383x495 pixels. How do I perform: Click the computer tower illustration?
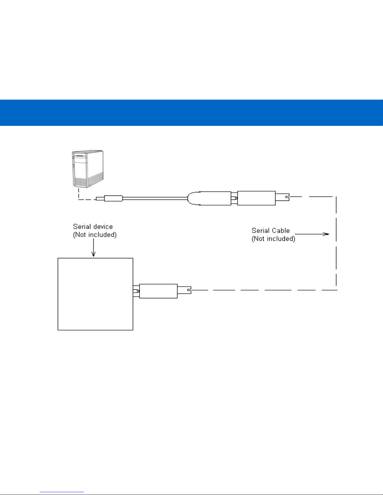pyautogui.click(x=88, y=169)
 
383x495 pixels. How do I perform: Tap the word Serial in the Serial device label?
pyautogui.click(x=82, y=227)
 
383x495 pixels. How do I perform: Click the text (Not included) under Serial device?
pyautogui.click(x=95, y=235)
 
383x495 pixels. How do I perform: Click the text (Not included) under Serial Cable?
pyautogui.click(x=273, y=239)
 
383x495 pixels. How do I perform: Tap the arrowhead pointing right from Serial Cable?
pyautogui.click(x=326, y=234)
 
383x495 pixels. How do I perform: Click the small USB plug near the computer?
pyautogui.click(x=113, y=198)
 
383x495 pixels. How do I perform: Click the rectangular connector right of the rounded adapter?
pyautogui.click(x=256, y=198)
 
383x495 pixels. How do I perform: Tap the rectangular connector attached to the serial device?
pyautogui.click(x=158, y=291)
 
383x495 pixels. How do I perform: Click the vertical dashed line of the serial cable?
pyautogui.click(x=336, y=244)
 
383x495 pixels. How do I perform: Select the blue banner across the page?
pyautogui.click(x=191, y=113)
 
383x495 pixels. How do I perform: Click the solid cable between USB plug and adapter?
pyautogui.click(x=155, y=198)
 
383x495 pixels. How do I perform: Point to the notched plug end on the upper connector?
pyautogui.click(x=282, y=197)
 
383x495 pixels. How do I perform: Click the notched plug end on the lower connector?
pyautogui.click(x=184, y=290)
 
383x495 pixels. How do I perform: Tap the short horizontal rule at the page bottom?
pyautogui.click(x=62, y=492)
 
